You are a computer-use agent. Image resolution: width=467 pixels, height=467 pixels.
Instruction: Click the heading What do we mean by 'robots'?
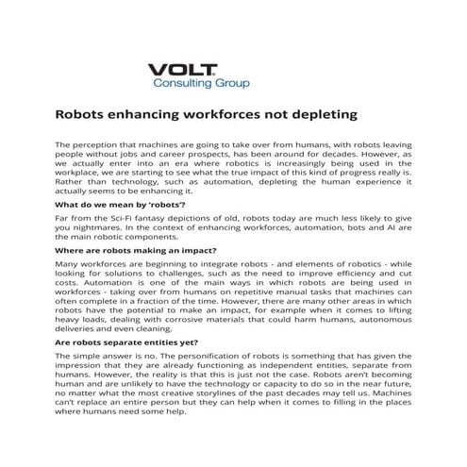(121, 204)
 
